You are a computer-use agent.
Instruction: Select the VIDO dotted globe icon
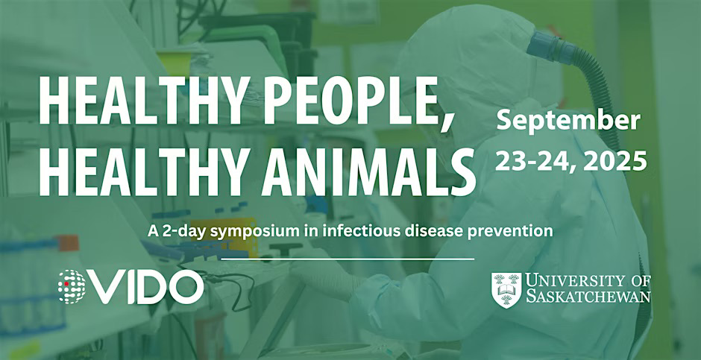(x=72, y=287)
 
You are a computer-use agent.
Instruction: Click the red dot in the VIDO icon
(x=66, y=284)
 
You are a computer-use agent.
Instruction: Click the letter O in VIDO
(x=184, y=287)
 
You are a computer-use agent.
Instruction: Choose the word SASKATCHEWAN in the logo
(x=588, y=297)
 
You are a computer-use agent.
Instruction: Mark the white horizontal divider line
(x=348, y=259)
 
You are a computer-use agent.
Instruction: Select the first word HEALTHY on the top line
(x=139, y=101)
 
